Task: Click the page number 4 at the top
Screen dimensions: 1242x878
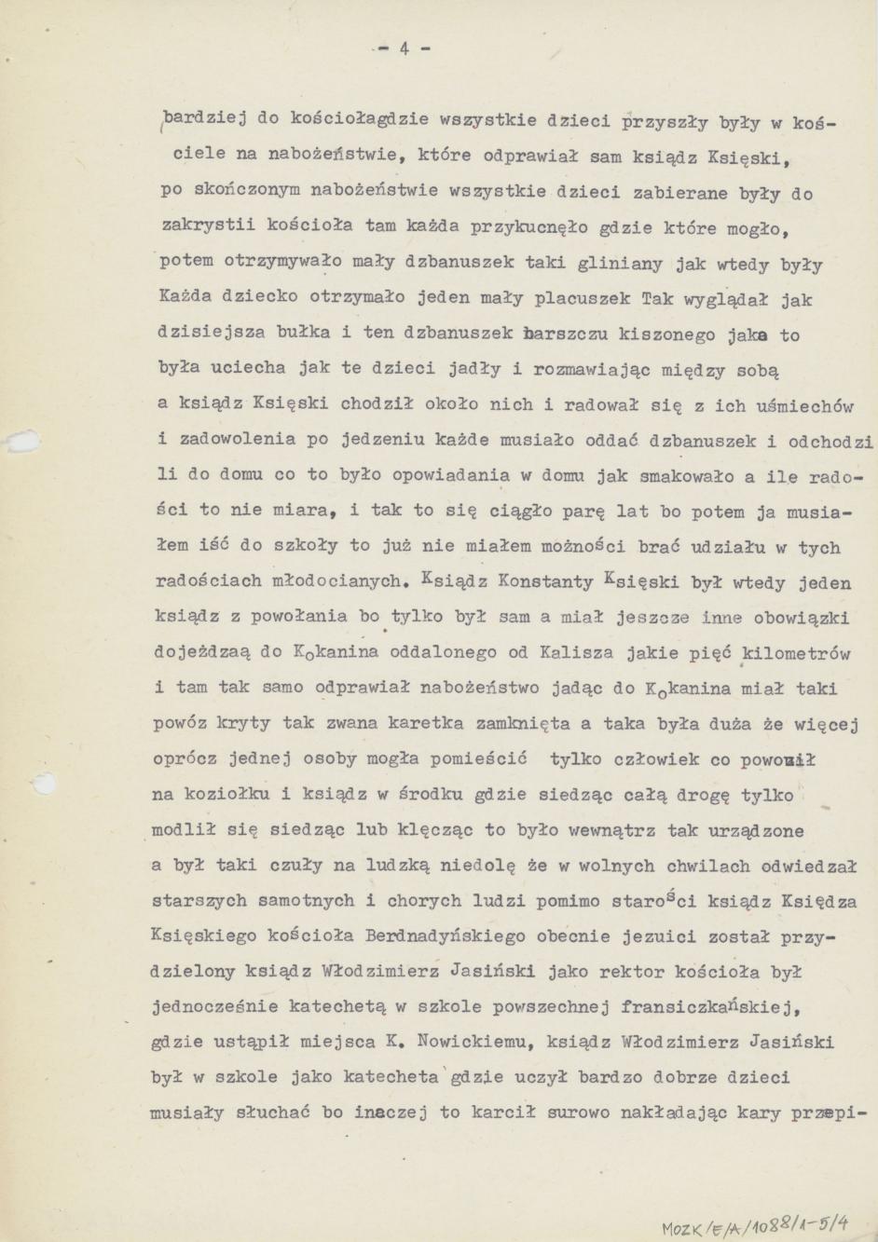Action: pos(405,49)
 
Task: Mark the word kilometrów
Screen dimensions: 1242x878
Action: pos(795,653)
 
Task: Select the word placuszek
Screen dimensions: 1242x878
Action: pos(583,299)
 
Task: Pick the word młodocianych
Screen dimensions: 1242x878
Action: pos(331,582)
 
